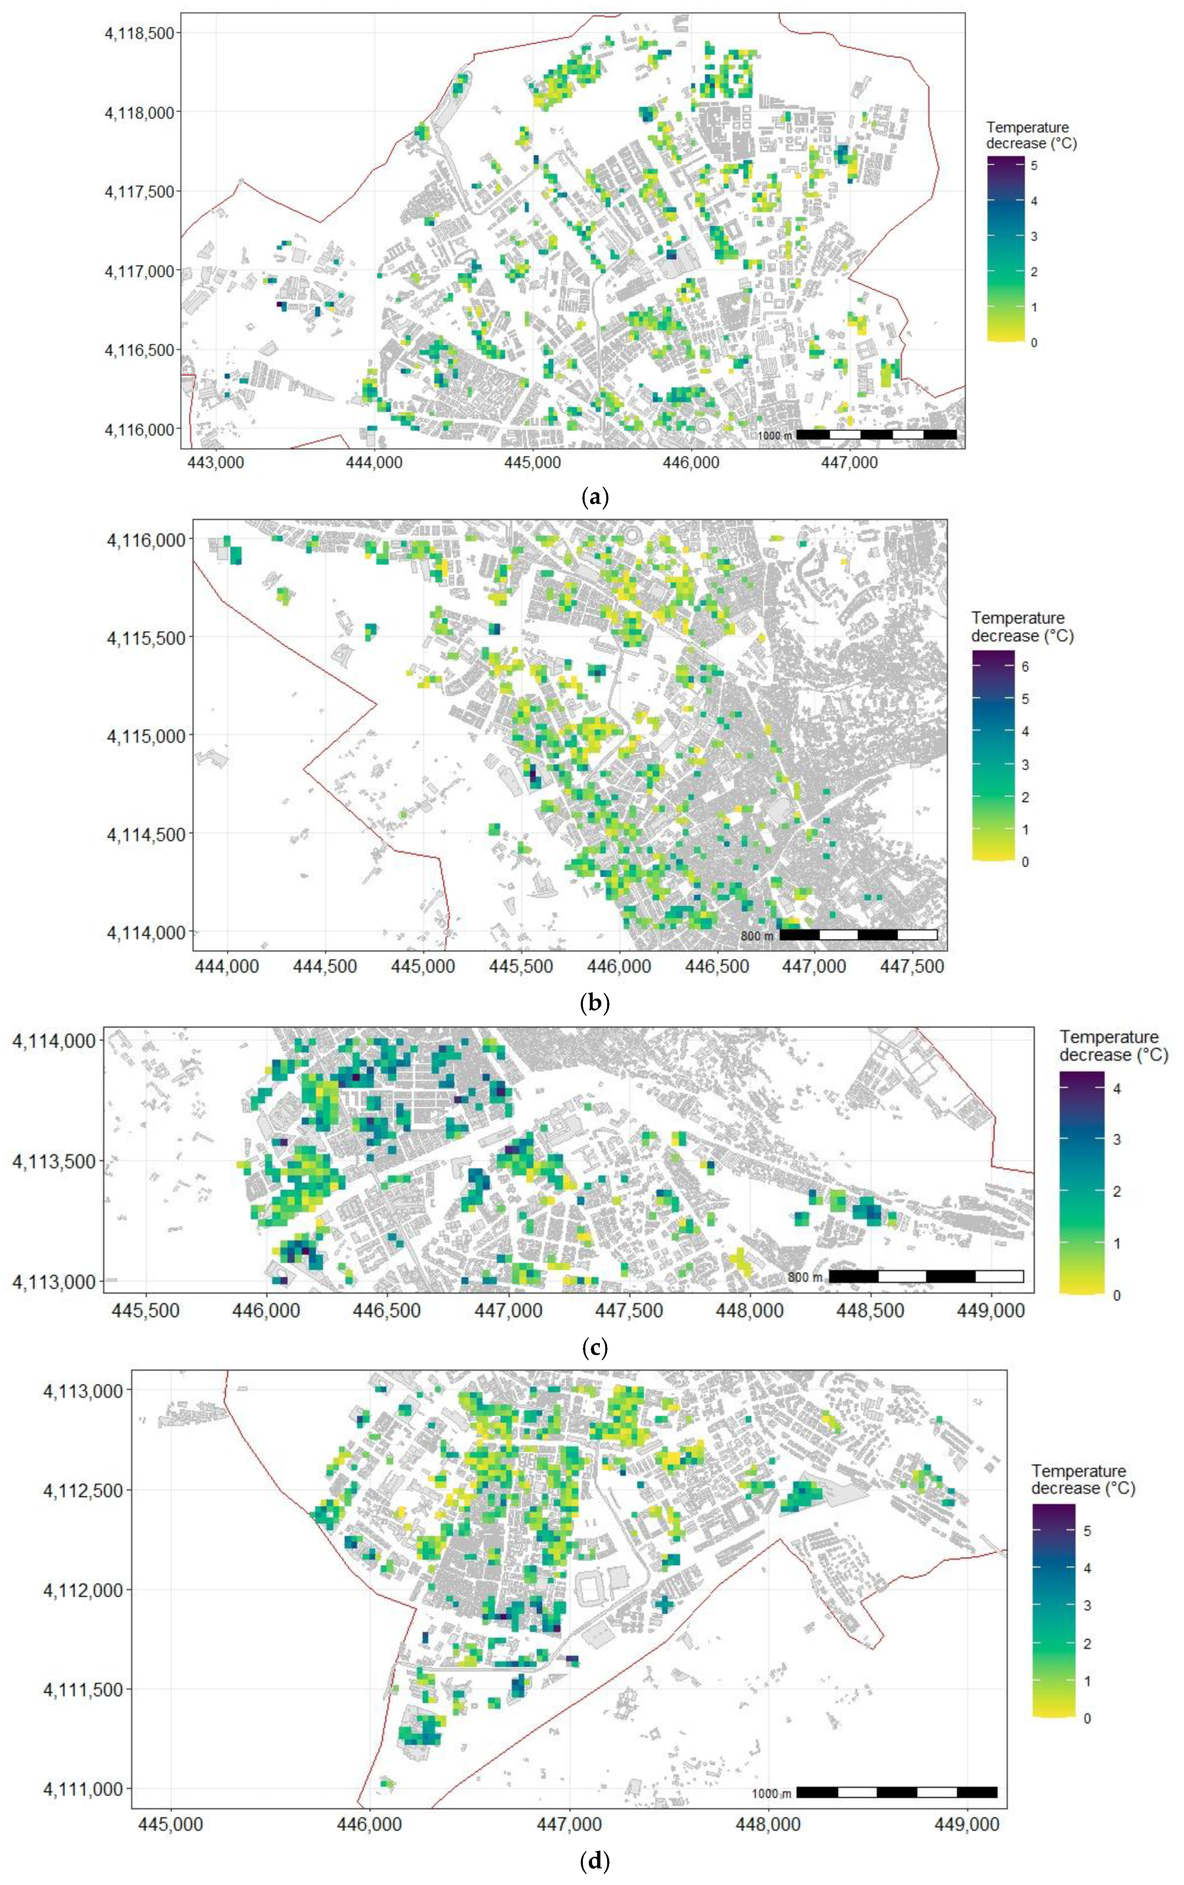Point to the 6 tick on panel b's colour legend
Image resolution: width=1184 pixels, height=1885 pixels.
pos(1024,666)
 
